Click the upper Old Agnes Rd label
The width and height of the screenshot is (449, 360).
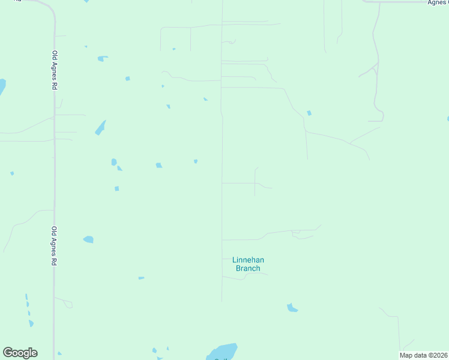pyautogui.click(x=54, y=70)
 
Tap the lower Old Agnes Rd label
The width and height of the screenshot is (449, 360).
pyautogui.click(x=54, y=246)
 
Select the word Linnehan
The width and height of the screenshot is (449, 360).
pyautogui.click(x=248, y=260)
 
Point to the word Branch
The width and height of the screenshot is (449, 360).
pyautogui.click(x=248, y=268)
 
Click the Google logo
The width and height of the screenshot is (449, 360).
pyautogui.click(x=20, y=353)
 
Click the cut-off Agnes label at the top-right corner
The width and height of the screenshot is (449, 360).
pyautogui.click(x=438, y=2)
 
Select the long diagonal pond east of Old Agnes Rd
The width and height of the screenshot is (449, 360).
pyautogui.click(x=100, y=128)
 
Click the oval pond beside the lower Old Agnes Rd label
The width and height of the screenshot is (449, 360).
pyautogui.click(x=88, y=239)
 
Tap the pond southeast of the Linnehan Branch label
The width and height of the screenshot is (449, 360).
pyautogui.click(x=292, y=308)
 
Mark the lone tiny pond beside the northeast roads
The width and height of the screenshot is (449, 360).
pyautogui.click(x=309, y=113)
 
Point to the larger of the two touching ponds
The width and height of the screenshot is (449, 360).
pyautogui.click(x=113, y=162)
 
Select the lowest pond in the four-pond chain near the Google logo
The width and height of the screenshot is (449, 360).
pyautogui.click(x=31, y=323)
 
